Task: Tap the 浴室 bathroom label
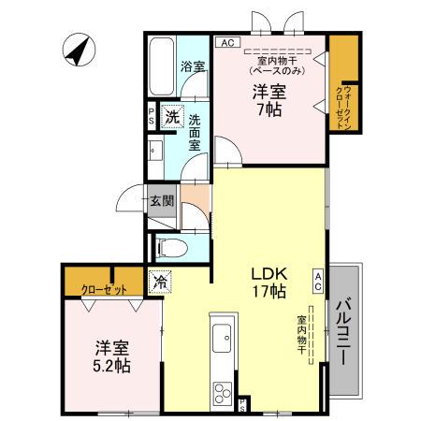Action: click(192, 67)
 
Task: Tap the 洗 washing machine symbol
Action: click(172, 118)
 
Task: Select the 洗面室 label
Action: click(195, 133)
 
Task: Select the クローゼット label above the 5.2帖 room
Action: click(104, 288)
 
